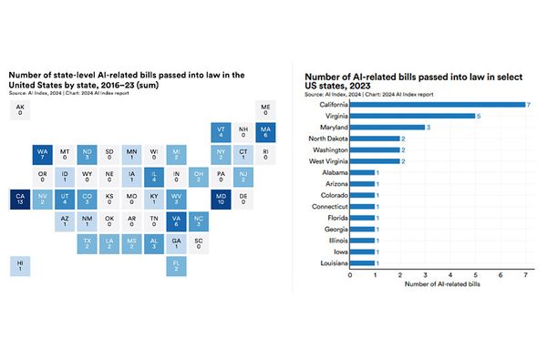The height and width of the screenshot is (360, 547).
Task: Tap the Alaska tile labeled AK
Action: click(18, 110)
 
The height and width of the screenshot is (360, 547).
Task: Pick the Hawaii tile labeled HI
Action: click(18, 265)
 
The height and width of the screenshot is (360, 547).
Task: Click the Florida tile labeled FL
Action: click(177, 265)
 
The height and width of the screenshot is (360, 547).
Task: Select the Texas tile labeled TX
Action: click(87, 242)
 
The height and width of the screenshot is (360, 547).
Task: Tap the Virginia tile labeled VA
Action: click(177, 221)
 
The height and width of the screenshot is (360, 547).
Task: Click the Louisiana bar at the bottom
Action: click(362, 262)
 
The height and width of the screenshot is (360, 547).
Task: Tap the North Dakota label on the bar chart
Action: click(325, 139)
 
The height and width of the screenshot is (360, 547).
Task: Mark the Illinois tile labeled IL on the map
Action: click(154, 176)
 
